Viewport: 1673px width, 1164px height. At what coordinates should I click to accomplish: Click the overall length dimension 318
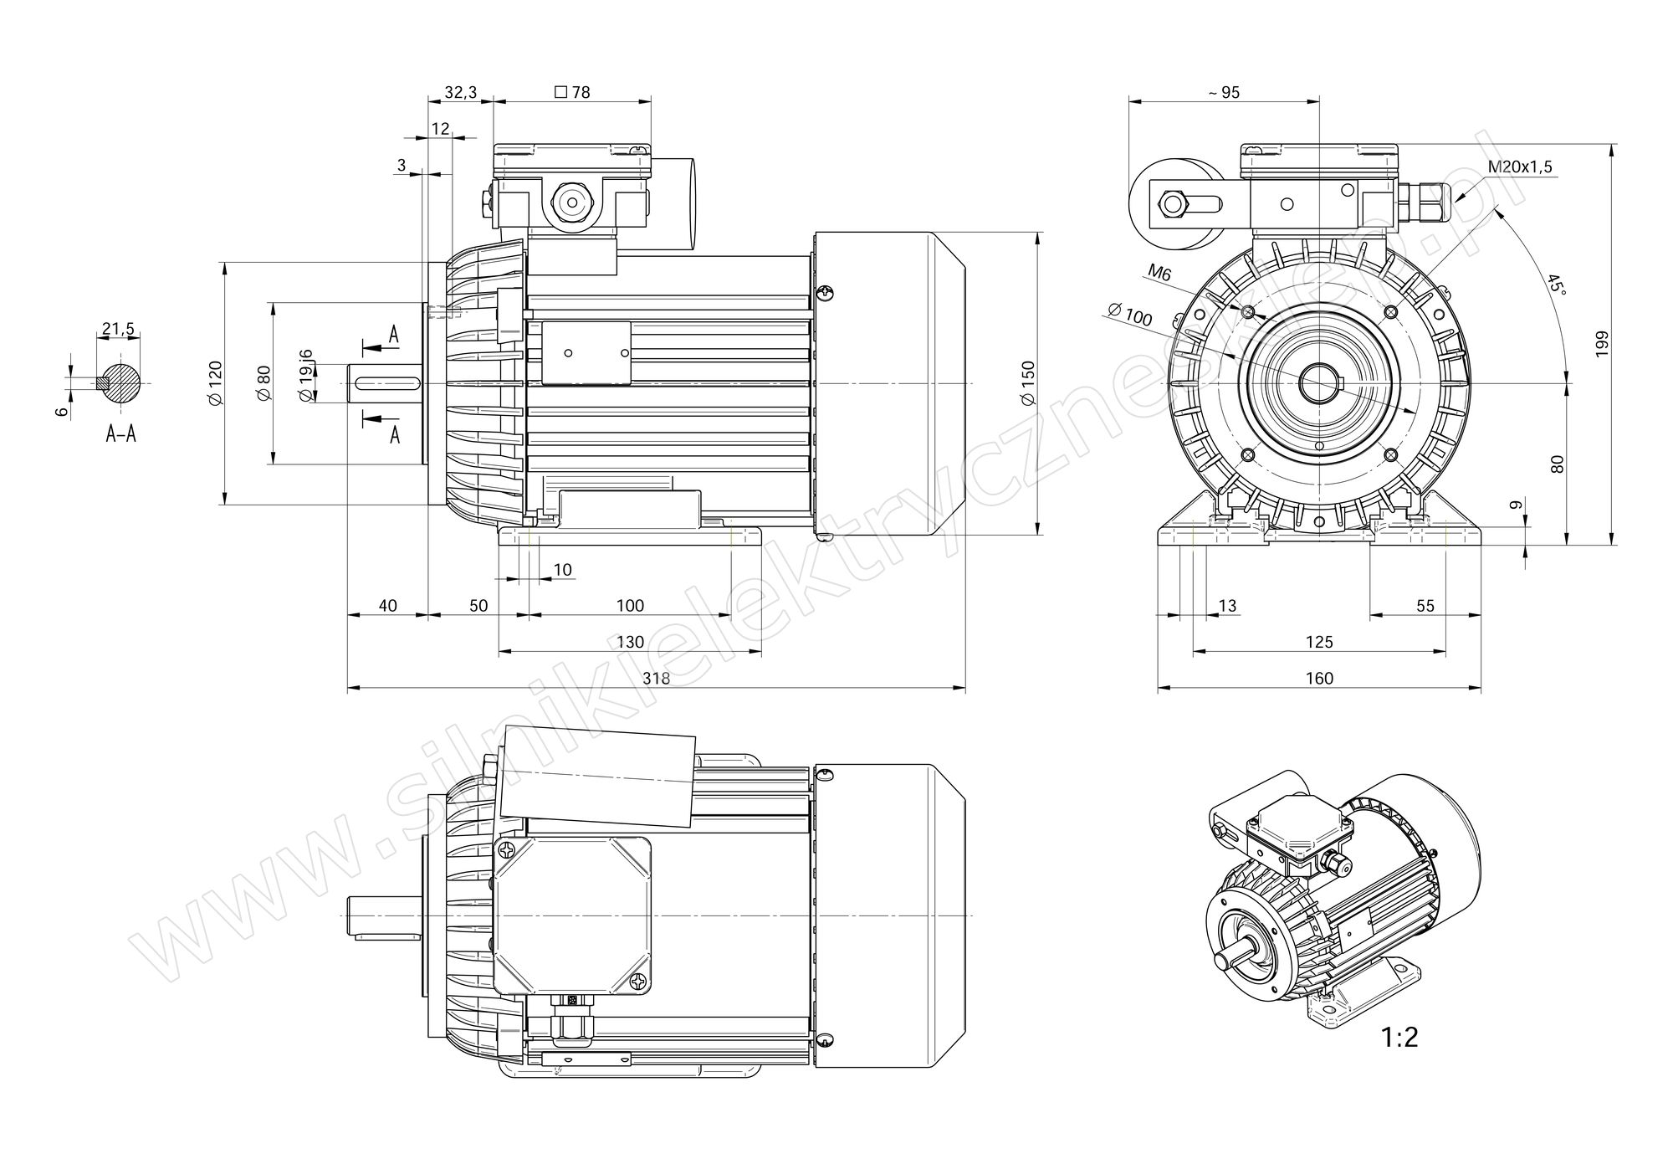coord(656,678)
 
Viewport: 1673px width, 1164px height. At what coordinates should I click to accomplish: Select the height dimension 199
coord(1601,345)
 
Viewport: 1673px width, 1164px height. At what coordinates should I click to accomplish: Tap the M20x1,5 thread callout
coord(1520,167)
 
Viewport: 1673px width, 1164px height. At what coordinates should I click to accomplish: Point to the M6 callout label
coord(1159,272)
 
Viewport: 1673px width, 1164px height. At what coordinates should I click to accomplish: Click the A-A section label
coord(120,433)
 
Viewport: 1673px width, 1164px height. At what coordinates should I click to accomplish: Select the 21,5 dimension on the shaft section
coord(117,329)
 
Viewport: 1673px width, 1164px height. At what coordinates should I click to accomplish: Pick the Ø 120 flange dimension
coord(214,383)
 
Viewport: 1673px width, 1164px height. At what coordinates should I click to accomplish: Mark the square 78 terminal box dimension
coord(572,92)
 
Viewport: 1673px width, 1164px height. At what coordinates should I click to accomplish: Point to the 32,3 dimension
coord(460,92)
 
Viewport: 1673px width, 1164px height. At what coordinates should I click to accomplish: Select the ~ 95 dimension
coord(1224,92)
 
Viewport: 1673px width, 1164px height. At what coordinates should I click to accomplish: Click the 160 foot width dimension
coord(1319,678)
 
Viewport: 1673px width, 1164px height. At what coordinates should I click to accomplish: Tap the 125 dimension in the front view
coord(1319,642)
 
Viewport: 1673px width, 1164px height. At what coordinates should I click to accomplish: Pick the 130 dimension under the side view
coord(630,642)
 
